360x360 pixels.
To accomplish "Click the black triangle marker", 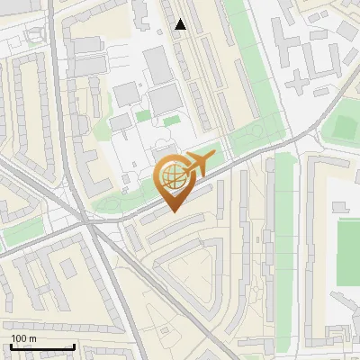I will [181, 24].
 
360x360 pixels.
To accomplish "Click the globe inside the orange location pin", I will [171, 176].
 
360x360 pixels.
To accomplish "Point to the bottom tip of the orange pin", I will [173, 211].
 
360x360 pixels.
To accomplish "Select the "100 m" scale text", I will [23, 338].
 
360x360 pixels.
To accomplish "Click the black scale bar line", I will [42, 346].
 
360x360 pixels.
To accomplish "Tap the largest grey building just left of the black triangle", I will [155, 63].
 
